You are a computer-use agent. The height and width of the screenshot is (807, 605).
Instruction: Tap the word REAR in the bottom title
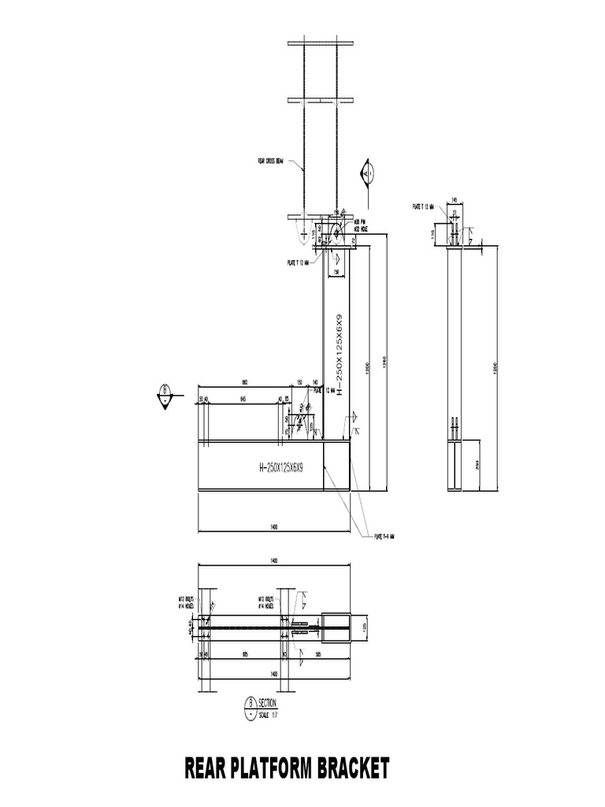(x=206, y=768)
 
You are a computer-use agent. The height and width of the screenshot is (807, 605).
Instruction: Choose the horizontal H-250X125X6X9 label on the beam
(x=281, y=467)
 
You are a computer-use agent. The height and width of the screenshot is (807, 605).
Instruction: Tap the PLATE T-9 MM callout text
(x=384, y=537)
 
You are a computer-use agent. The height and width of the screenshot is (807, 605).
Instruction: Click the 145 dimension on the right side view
(x=455, y=199)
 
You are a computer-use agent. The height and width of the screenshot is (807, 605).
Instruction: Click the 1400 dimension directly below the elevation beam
(x=274, y=526)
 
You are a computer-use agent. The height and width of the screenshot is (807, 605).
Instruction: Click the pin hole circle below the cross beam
(x=333, y=231)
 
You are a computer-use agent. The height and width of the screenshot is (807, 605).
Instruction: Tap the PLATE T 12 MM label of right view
(x=423, y=206)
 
